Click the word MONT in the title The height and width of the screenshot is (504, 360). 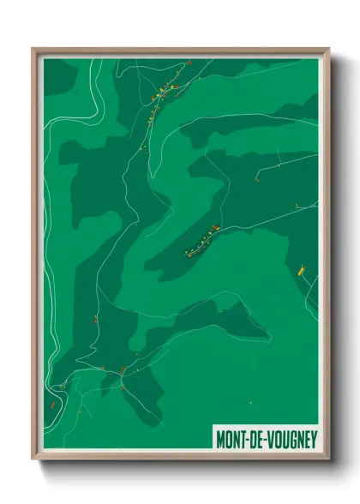pos(229,438)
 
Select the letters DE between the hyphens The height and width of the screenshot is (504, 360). pos(254,438)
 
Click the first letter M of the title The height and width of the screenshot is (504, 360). pos(219,438)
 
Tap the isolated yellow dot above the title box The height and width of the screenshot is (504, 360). pos(251,401)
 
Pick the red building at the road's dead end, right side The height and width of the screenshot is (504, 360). pos(257,181)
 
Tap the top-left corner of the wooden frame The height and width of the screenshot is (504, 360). pos(34,50)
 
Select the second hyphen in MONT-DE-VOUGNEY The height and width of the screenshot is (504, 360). pos(261,438)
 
